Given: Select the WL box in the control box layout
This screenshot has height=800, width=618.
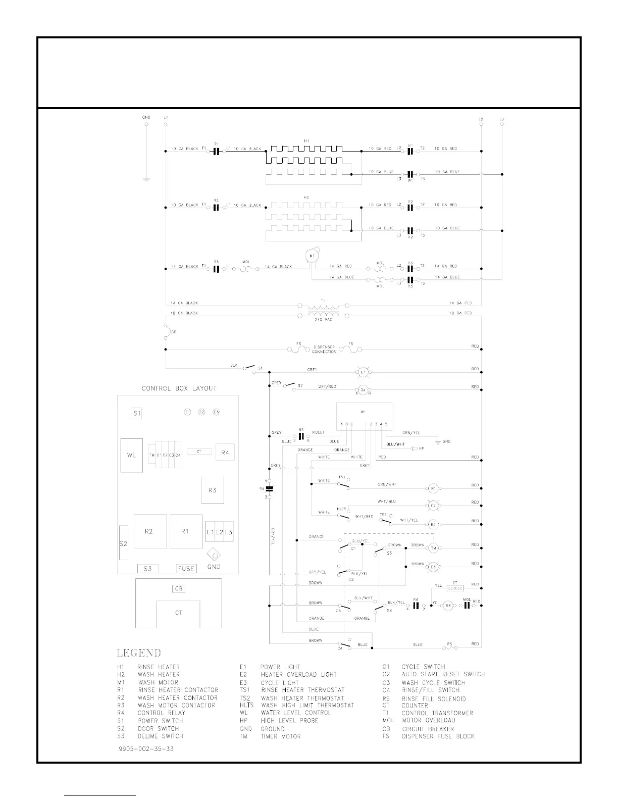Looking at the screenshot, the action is [131, 455].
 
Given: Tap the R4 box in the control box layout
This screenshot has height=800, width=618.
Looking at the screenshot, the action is [225, 453].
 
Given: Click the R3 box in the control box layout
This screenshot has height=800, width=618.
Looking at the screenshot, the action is [213, 490].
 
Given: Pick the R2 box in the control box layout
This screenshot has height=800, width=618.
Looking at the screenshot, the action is [149, 531].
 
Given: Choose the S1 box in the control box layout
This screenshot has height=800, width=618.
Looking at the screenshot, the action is [136, 413].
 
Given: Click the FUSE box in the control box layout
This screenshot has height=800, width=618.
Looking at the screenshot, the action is [186, 568].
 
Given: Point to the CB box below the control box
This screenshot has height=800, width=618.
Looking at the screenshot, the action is [178, 589].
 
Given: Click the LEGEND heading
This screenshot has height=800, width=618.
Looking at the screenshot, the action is [139, 653].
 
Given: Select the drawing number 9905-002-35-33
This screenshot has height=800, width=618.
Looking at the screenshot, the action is [145, 748].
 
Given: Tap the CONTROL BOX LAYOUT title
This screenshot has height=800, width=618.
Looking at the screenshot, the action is [179, 388].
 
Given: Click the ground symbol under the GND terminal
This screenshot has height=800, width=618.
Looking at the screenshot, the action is [145, 179].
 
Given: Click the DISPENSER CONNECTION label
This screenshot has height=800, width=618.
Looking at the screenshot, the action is [324, 349].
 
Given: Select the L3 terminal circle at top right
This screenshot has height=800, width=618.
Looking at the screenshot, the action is [502, 124].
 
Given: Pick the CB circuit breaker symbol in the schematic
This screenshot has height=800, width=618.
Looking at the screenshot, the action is [166, 332].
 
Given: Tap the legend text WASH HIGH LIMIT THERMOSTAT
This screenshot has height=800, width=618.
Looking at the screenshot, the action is [307, 705].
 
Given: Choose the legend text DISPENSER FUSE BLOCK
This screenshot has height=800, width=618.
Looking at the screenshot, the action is [438, 736].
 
